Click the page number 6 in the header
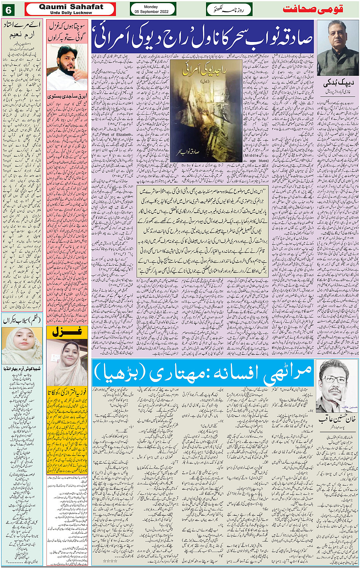click(8, 10)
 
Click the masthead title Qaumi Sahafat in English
click(71, 7)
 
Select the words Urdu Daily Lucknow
click(71, 13)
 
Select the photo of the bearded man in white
click(67, 67)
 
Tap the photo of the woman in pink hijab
click(67, 363)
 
